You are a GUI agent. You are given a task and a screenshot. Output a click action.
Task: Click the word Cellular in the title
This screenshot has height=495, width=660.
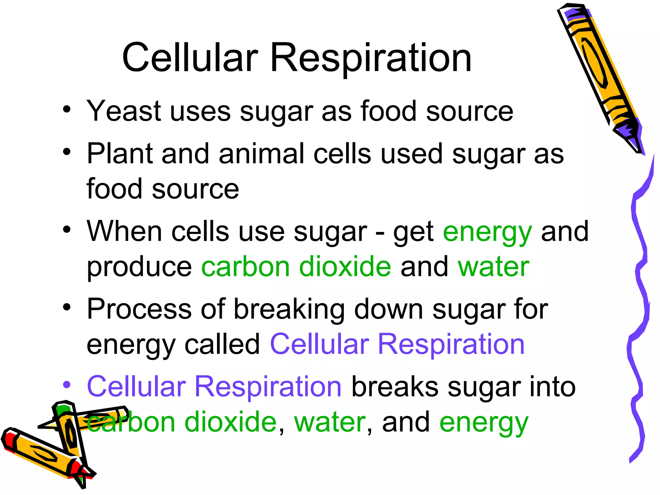190,58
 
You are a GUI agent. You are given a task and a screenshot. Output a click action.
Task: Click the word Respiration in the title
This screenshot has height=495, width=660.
371,60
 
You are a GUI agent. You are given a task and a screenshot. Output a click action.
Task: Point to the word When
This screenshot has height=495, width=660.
124,231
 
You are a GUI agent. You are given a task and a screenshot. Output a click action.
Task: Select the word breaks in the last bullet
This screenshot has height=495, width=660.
395,387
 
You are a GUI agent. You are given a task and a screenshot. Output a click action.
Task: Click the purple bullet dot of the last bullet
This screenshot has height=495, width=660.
67,385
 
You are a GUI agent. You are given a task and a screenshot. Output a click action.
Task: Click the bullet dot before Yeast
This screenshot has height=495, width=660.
67,110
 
